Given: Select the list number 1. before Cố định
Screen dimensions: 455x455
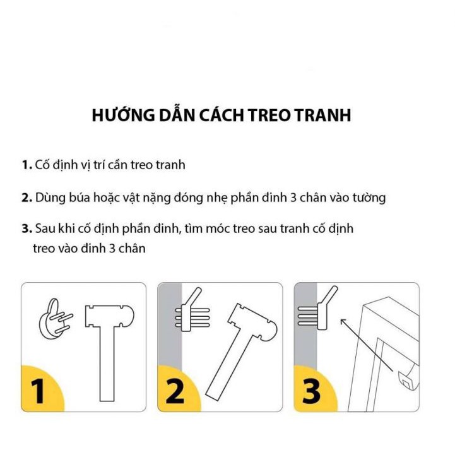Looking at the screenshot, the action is tap(27, 165).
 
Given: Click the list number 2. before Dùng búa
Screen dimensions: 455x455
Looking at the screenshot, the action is tap(27, 198).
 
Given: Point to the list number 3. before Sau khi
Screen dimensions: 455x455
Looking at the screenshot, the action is tap(27, 229).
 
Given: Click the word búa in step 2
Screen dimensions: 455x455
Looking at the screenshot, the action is tap(80, 198).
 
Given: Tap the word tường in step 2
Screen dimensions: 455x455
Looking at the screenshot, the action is tap(369, 198).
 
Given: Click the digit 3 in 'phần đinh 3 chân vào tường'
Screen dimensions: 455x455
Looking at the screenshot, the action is tap(293, 198).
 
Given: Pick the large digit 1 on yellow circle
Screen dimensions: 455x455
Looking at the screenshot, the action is tap(38, 391).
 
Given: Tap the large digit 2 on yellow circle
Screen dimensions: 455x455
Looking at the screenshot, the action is tap(175, 391).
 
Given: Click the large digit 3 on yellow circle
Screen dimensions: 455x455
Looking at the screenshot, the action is tap(311, 391).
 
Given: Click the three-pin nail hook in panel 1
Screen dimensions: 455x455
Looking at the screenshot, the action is tap(55, 319).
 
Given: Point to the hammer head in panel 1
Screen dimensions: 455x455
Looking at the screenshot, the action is tap(110, 316).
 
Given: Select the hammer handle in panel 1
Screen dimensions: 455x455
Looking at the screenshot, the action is tap(107, 364).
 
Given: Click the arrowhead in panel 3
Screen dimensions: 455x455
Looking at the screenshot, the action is tap(343, 322).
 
